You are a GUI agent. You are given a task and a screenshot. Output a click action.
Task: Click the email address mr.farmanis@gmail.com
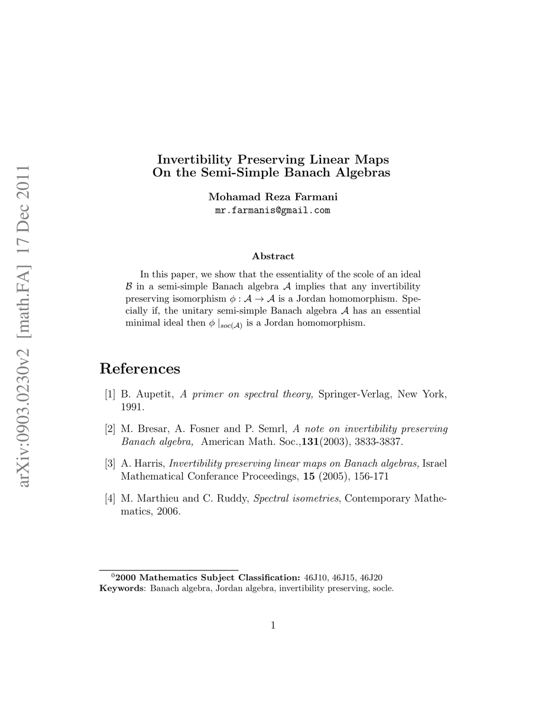(x=272, y=210)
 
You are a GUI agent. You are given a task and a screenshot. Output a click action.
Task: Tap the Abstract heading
(x=273, y=256)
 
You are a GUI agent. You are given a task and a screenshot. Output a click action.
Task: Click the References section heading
(x=140, y=369)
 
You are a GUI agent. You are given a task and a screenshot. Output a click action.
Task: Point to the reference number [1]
(x=110, y=395)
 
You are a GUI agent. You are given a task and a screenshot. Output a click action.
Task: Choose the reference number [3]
(x=110, y=463)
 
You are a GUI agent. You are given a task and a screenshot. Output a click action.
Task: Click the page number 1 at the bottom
(x=274, y=625)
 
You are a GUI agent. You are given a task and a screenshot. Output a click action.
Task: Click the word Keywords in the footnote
(x=122, y=588)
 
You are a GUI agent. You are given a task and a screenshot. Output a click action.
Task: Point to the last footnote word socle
(x=382, y=588)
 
